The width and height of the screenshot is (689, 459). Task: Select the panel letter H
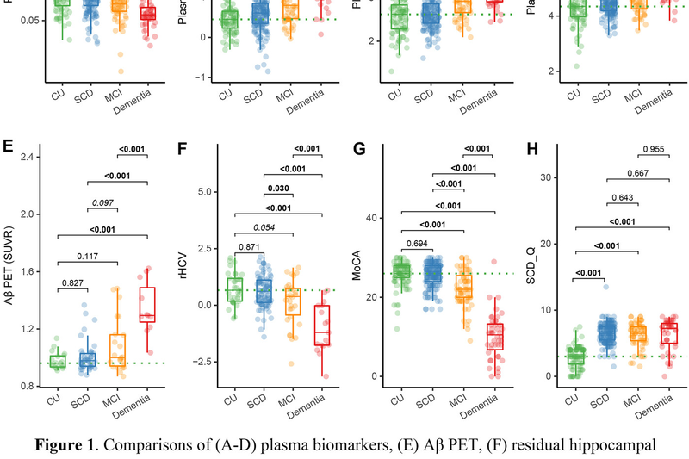(532, 147)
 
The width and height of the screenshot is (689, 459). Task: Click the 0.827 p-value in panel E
(71, 282)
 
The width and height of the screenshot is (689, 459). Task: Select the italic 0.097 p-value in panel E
(102, 203)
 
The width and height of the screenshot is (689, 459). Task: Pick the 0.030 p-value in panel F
(277, 189)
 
